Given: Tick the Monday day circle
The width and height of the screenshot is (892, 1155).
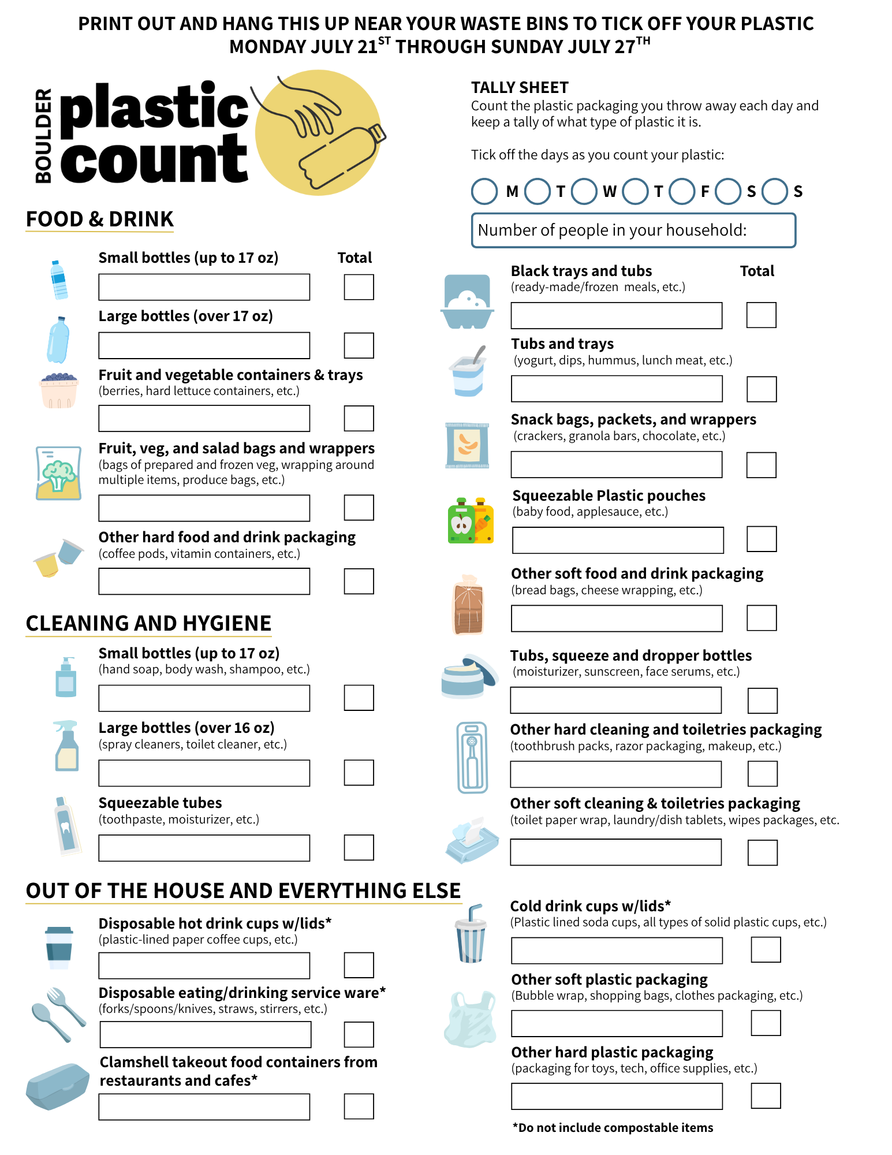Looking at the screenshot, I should pos(484,191).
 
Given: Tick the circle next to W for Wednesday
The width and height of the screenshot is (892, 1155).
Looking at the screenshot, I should pos(584,191).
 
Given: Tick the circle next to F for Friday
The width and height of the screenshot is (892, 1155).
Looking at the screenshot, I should pos(682,191).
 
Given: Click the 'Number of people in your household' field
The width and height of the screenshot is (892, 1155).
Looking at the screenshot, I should pos(633,230).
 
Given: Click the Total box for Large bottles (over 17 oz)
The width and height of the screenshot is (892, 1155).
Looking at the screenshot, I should pos(359,345).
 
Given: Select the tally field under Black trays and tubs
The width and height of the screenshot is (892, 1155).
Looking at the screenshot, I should pos(616,315).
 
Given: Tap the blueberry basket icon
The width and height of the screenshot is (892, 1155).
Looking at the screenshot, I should pos(59,390).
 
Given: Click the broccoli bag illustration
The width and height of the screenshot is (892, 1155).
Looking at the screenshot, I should pos(58,473).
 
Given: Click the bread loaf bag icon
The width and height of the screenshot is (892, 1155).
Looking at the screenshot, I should pos(468,605).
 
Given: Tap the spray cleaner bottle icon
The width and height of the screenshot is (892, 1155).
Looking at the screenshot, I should pos(66,746).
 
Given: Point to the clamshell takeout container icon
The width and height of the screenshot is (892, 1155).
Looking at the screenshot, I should pos(58,1086).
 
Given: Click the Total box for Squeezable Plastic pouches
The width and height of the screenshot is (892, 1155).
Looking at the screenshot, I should pos(762,539).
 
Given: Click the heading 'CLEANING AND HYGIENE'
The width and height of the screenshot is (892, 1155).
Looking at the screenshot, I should pos(148,624).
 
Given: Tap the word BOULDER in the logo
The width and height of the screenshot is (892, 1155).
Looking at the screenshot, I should pos(43,136).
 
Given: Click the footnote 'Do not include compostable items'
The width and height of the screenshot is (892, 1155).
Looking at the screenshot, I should pos(613,1128).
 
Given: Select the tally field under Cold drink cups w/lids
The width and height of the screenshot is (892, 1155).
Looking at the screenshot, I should pos(617,951).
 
